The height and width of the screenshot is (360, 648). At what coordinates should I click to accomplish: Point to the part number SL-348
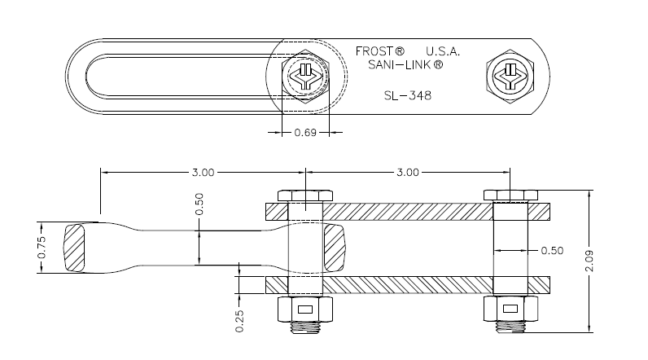tap(407, 95)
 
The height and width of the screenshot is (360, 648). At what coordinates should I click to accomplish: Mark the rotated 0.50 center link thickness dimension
tap(199, 204)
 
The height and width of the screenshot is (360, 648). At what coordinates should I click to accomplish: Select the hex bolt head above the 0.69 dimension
tap(304, 79)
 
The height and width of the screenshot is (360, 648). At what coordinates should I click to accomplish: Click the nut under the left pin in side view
tap(304, 310)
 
